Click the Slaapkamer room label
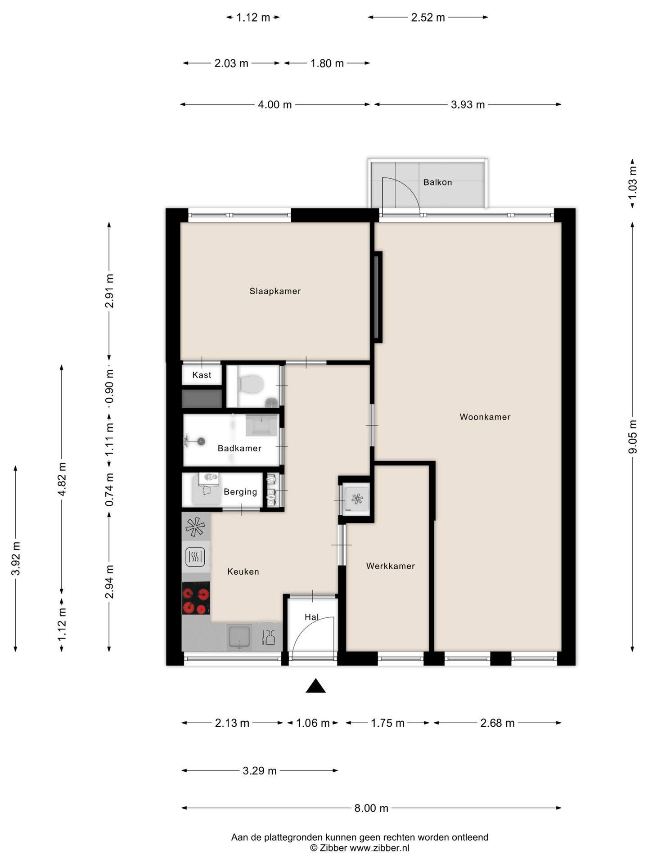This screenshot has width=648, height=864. coord(275,291)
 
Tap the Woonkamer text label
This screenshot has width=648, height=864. coord(485,417)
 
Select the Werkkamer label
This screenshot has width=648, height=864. coord(391,566)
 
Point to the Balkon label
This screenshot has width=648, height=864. coord(437,182)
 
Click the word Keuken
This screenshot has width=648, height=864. coord(243,571)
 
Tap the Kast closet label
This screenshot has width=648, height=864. coord(202,375)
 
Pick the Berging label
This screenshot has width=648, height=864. coord(240,492)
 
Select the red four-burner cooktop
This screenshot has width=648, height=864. coord(196,598)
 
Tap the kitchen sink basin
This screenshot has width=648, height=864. coord(239,637)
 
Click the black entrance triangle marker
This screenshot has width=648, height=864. coord(315,685)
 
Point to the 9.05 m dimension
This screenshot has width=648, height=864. coord(633,437)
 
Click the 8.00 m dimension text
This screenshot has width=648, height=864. coord(371,808)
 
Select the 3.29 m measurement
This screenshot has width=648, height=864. coord(260,770)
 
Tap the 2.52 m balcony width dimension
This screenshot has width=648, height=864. coord(428,18)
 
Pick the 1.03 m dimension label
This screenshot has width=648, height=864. coord(633,183)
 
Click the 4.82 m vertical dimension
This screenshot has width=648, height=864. coord(62,479)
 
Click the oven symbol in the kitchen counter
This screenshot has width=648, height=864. coord(195,557)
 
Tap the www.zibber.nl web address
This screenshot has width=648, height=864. coord(379,848)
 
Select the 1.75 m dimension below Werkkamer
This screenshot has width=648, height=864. coord(387,723)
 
